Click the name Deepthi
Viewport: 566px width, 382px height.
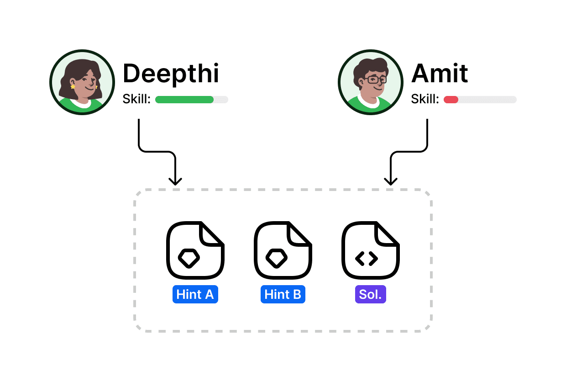click(171, 74)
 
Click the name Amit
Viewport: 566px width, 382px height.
click(440, 74)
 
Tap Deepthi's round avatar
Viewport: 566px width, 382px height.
click(82, 82)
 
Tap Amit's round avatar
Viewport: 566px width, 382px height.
click(371, 82)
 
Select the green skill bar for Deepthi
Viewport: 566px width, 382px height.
click(184, 100)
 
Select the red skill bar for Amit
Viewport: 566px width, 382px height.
click(451, 100)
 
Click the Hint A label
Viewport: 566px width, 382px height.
click(195, 295)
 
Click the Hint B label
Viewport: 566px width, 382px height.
click(283, 295)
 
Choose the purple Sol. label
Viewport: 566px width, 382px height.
click(370, 295)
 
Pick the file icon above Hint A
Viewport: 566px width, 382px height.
click(195, 250)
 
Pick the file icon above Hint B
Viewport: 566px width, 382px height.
click(283, 250)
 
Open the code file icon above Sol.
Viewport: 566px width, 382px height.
click(370, 250)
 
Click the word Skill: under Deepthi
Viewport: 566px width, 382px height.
click(136, 99)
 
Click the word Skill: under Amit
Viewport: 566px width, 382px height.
click(425, 99)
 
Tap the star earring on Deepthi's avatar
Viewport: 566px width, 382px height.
click(73, 86)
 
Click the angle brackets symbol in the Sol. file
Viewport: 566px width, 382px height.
click(367, 259)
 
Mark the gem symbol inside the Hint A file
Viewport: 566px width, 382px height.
click(189, 258)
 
